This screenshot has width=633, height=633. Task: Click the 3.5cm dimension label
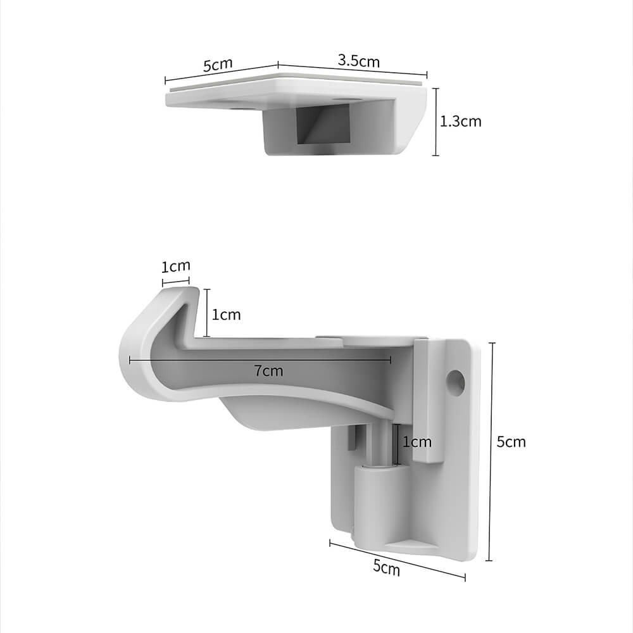pyautogui.click(x=359, y=61)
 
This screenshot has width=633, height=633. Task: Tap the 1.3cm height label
pyautogui.click(x=461, y=122)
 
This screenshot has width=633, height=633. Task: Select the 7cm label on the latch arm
pyautogui.click(x=269, y=371)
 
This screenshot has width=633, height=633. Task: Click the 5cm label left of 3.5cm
pyautogui.click(x=218, y=65)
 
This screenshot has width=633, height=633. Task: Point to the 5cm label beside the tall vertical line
pyautogui.click(x=511, y=442)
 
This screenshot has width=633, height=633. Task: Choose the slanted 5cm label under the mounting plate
pyautogui.click(x=386, y=568)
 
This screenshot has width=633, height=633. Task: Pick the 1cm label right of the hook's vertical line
pyautogui.click(x=226, y=315)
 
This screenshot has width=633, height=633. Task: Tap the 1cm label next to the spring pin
pyautogui.click(x=417, y=442)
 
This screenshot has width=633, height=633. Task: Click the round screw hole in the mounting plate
pyautogui.click(x=456, y=381)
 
